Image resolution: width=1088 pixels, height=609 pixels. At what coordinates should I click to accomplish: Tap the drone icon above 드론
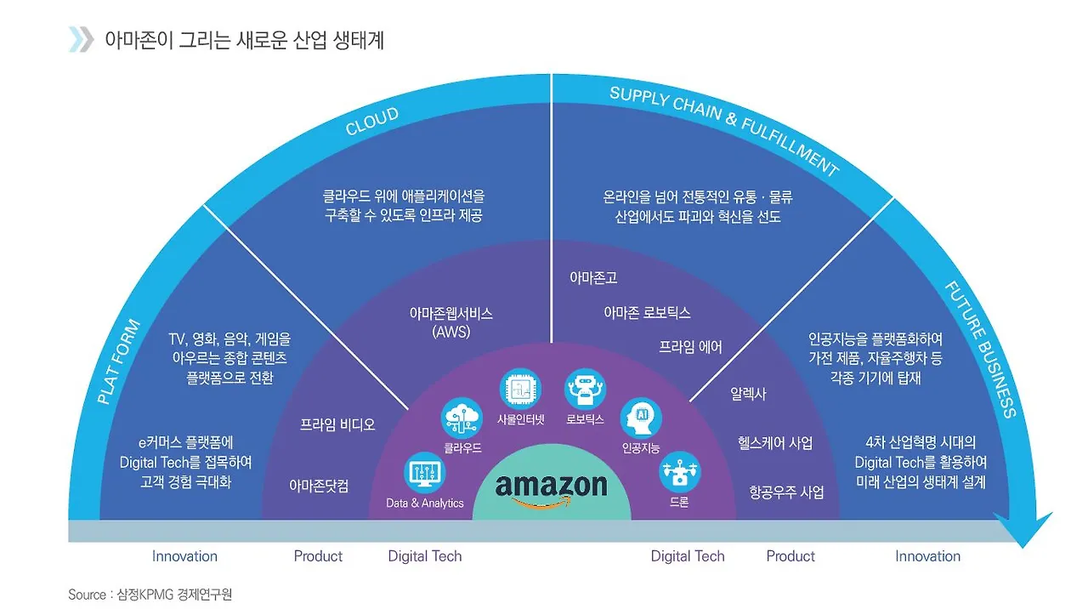(679, 472)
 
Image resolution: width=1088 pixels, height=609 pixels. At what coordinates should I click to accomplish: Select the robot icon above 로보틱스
(584, 390)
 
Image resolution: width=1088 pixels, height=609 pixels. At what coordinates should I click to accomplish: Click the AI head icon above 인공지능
(640, 418)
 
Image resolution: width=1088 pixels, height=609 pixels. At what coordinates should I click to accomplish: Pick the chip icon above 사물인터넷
(520, 390)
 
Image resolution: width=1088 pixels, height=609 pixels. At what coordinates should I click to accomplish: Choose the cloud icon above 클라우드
(462, 418)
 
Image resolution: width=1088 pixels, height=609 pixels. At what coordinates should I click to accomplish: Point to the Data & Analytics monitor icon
(424, 472)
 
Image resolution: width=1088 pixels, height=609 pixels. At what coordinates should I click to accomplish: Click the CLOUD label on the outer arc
(371, 122)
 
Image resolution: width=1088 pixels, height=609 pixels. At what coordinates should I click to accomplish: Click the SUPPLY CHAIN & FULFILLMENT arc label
(723, 129)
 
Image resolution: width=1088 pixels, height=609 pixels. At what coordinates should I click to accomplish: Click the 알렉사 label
(748, 394)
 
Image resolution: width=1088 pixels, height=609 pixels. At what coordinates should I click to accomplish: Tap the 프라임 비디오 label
(337, 424)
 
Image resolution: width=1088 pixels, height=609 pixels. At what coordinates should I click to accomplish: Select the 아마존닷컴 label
(319, 486)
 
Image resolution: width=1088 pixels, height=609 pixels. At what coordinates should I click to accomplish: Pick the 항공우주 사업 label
(786, 492)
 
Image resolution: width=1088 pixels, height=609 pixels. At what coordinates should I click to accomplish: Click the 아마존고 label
(593, 277)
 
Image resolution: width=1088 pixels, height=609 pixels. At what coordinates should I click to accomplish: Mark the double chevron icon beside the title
(81, 39)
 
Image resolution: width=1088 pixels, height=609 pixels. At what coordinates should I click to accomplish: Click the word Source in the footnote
(87, 595)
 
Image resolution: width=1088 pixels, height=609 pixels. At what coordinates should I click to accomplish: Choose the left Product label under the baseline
(318, 556)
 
